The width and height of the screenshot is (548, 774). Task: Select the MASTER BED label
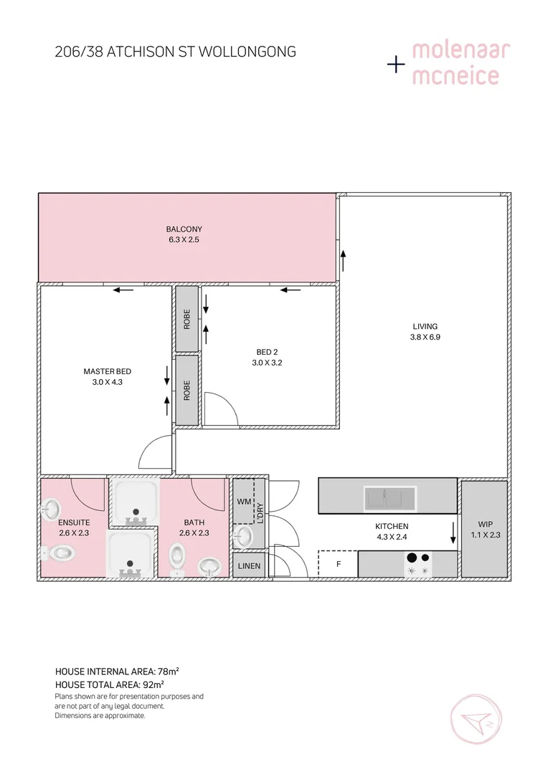pyautogui.click(x=107, y=371)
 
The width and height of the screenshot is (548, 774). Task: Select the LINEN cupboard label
pyautogui.click(x=250, y=566)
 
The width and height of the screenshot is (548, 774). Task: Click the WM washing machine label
pyautogui.click(x=243, y=502)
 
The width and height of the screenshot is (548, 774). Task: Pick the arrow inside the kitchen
pyautogui.click(x=453, y=533)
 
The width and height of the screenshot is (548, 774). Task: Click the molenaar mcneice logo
pyautogui.click(x=460, y=63)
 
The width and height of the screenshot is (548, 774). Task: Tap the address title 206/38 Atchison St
pyautogui.click(x=175, y=52)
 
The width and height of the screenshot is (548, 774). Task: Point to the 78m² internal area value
pyautogui.click(x=168, y=672)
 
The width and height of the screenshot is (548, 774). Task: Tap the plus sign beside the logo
pyautogui.click(x=396, y=64)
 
